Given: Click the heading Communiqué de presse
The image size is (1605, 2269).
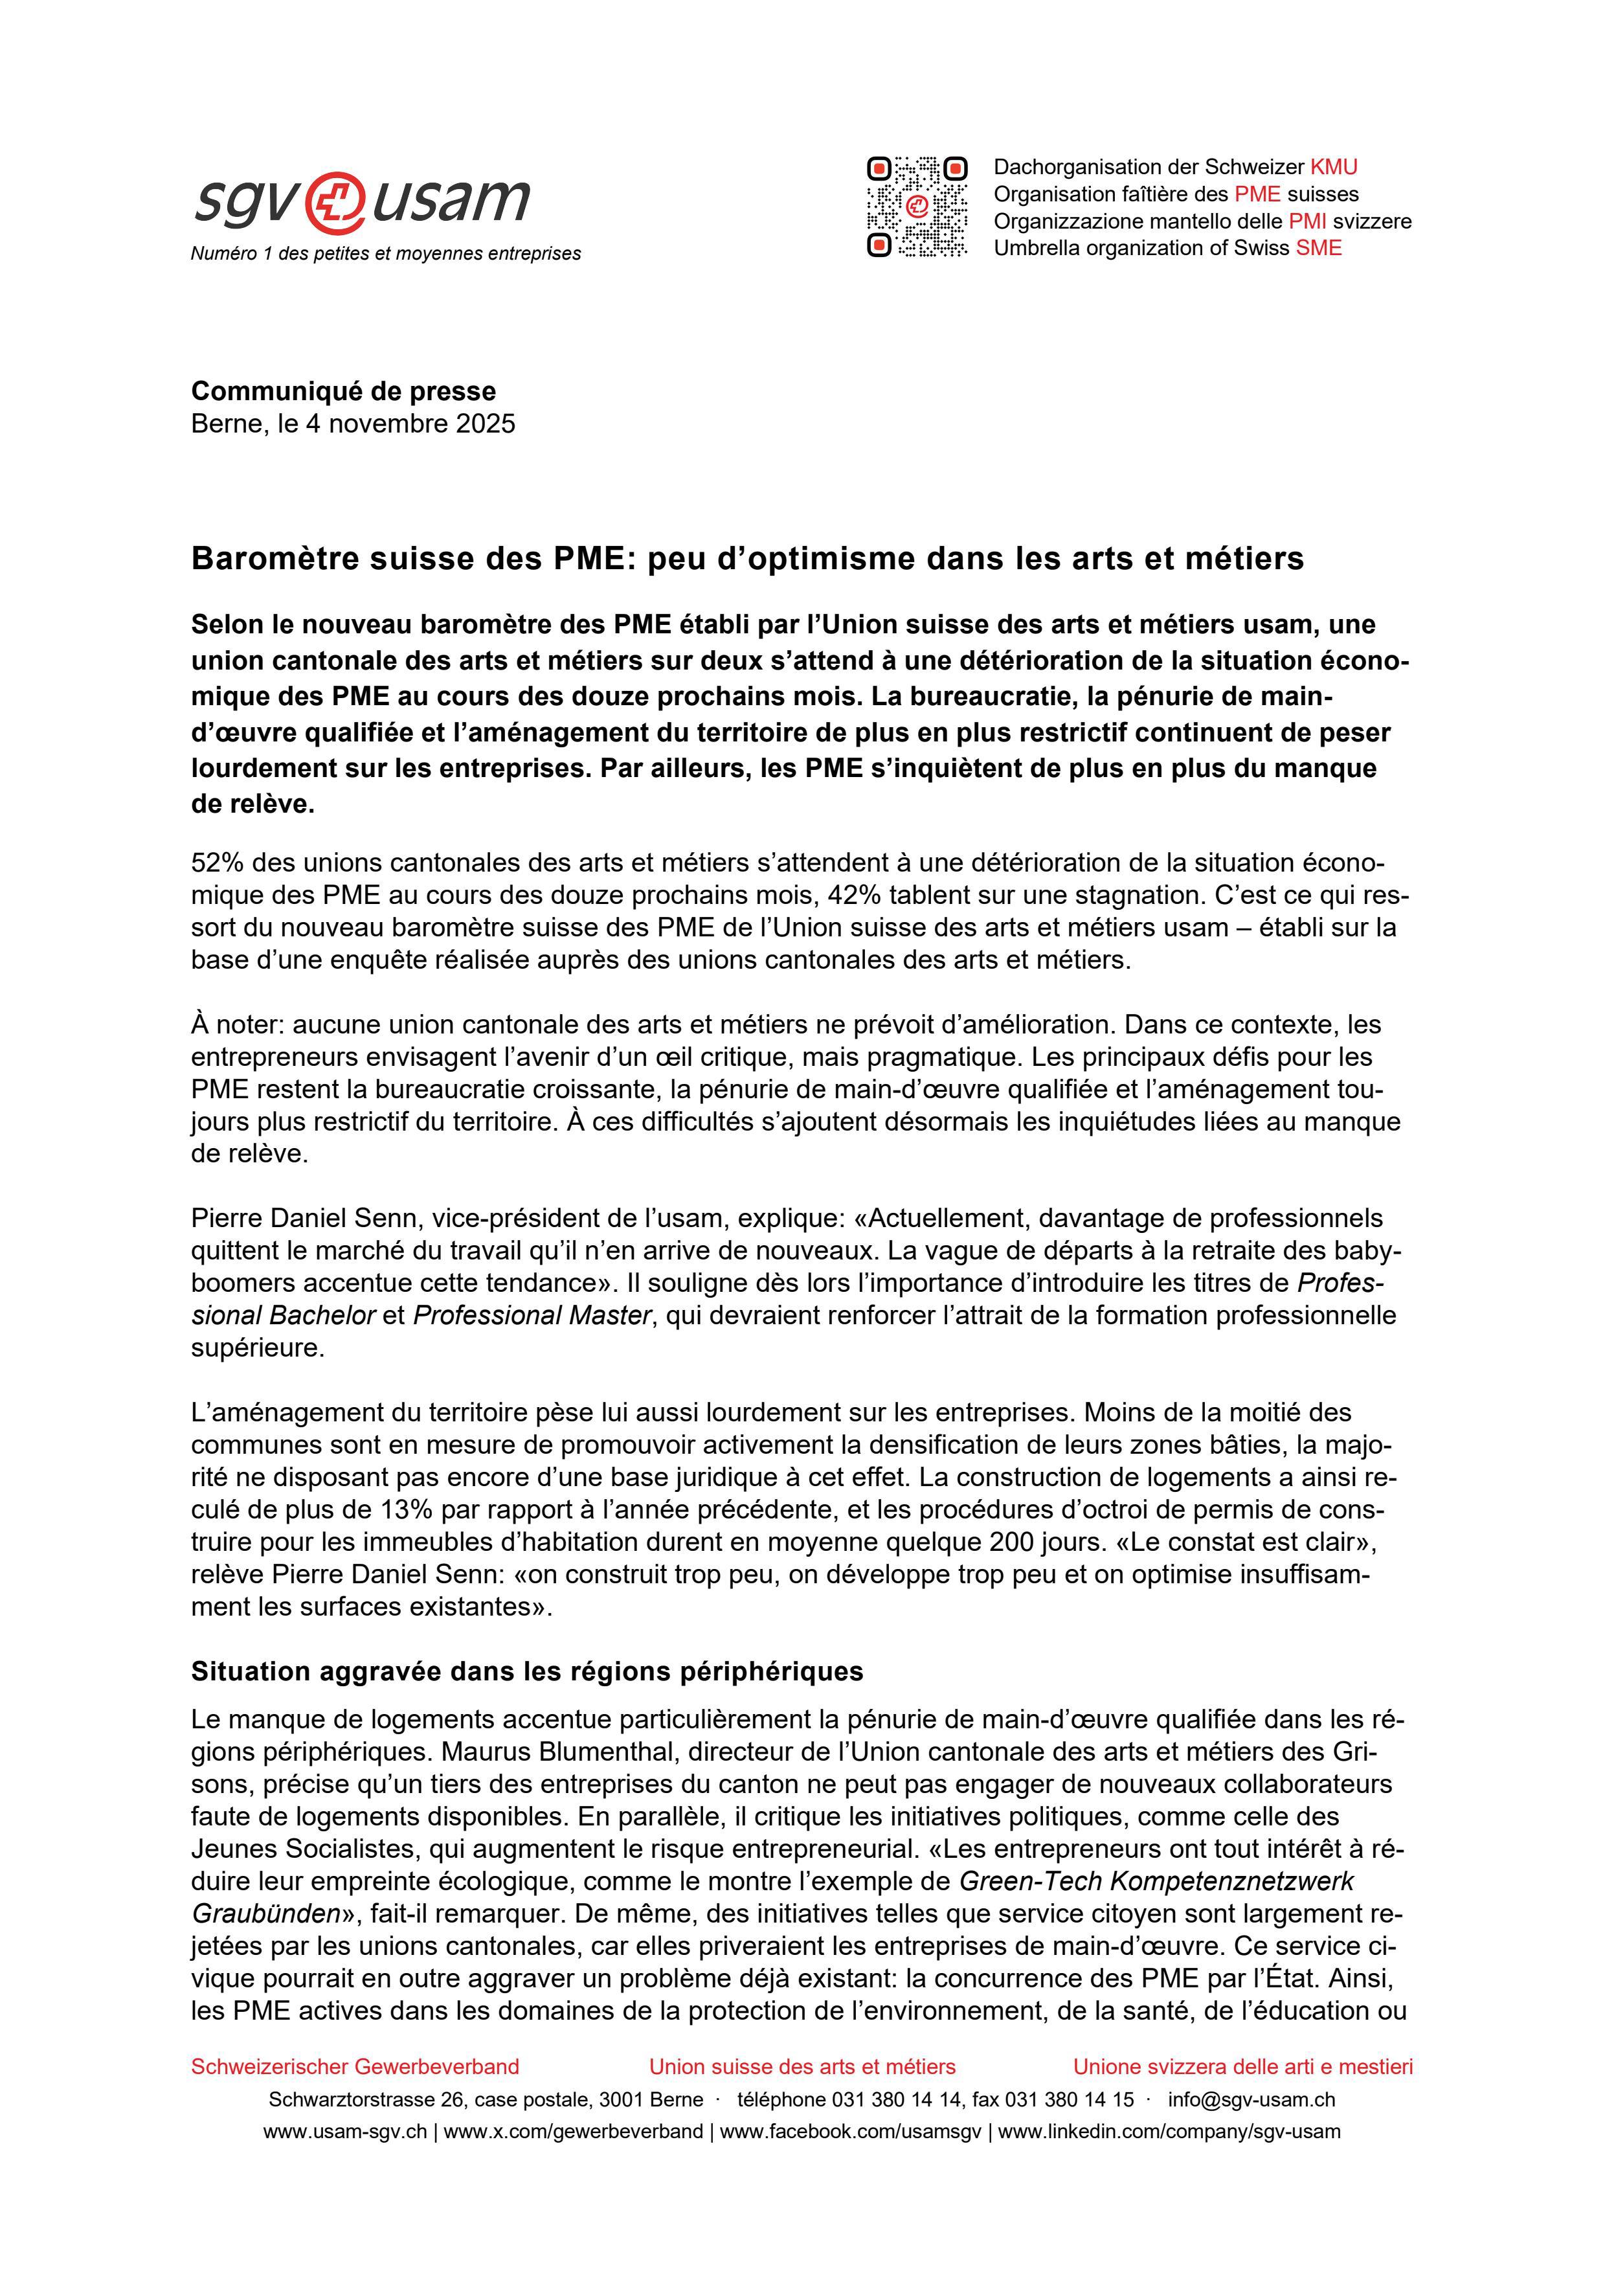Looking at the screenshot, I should [x=343, y=391].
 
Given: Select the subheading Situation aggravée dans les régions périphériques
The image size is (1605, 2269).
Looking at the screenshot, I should [x=527, y=1671].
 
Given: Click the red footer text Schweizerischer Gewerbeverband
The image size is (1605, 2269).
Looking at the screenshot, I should [x=355, y=2066].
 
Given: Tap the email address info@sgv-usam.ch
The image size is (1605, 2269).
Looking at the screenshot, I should [x=1251, y=2100].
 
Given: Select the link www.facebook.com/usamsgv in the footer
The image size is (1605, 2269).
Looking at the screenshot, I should [x=850, y=2132].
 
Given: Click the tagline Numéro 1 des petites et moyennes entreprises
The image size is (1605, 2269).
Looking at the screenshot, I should [x=385, y=254].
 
